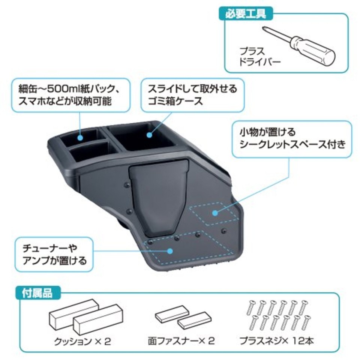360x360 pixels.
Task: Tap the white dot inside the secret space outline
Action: (x=215, y=213)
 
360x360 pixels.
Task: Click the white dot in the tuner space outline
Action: (x=171, y=251)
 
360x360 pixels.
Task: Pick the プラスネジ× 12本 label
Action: (x=277, y=341)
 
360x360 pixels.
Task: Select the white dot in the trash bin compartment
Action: (x=149, y=134)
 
